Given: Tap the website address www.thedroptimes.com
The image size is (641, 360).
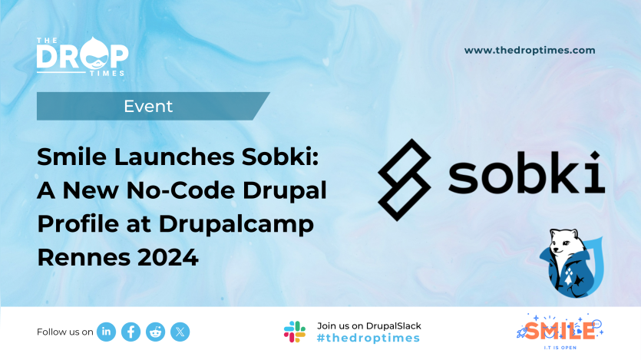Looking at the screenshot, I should click(530, 50).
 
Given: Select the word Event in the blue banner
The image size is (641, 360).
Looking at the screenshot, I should click(148, 106).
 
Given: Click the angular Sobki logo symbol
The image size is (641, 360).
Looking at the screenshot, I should click(405, 179).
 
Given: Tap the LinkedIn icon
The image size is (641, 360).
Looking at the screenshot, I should click(107, 332).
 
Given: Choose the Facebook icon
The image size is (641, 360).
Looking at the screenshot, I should click(131, 332).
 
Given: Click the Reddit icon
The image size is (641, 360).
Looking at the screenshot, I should click(156, 332).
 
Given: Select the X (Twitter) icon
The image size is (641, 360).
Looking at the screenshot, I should click(180, 332).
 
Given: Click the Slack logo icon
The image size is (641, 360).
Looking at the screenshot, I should click(295, 332).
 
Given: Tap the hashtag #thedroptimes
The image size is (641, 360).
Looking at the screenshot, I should click(368, 339).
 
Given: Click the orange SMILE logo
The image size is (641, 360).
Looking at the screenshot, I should click(557, 330).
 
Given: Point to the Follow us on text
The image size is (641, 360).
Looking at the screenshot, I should click(65, 332).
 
